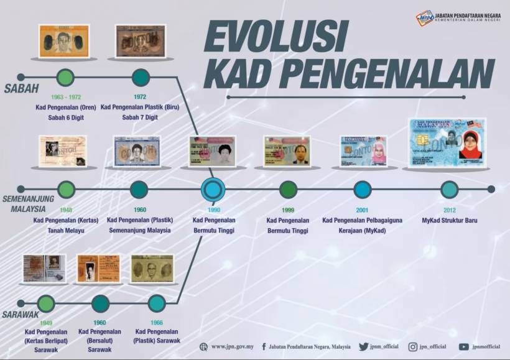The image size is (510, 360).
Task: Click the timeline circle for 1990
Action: [x=213, y=189]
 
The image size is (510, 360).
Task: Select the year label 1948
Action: [x=66, y=210]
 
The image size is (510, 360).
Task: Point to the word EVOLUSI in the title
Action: [x=275, y=38]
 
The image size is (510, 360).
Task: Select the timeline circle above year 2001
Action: [x=362, y=189]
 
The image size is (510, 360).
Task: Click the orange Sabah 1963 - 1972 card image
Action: [x=63, y=41]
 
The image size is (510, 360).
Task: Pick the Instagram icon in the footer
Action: [x=412, y=347]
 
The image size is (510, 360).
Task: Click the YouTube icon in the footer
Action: [x=464, y=347]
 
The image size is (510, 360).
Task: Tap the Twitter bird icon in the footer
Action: [x=363, y=347]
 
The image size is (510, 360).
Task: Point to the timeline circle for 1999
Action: [x=288, y=189]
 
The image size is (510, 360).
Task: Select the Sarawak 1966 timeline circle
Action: [x=157, y=303]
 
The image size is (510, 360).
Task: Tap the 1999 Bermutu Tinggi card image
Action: [x=286, y=150]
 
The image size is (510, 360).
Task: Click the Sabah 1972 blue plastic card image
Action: [x=141, y=41]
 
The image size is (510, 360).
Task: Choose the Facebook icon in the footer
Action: [x=264, y=347]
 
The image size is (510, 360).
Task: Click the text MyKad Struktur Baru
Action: [x=449, y=220]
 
